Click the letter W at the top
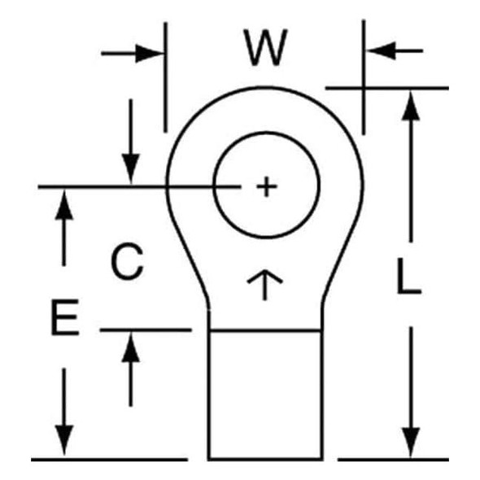(x=265, y=47)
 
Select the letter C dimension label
(x=127, y=261)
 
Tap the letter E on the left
(x=65, y=317)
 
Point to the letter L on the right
(x=408, y=276)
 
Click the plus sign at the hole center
(x=267, y=186)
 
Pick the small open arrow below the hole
(x=264, y=285)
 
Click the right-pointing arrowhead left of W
(x=148, y=54)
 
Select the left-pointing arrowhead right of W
(x=381, y=50)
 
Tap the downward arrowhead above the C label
(x=131, y=169)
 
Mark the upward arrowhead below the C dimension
(x=131, y=347)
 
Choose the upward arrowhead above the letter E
(x=64, y=204)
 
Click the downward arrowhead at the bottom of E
(x=64, y=440)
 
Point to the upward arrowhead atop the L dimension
(x=411, y=105)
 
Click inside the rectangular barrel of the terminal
(x=265, y=395)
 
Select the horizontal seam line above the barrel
(x=265, y=330)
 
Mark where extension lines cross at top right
(x=364, y=88)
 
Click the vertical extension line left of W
(x=166, y=77)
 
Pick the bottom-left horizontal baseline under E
(x=109, y=460)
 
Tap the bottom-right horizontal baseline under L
(x=393, y=460)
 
